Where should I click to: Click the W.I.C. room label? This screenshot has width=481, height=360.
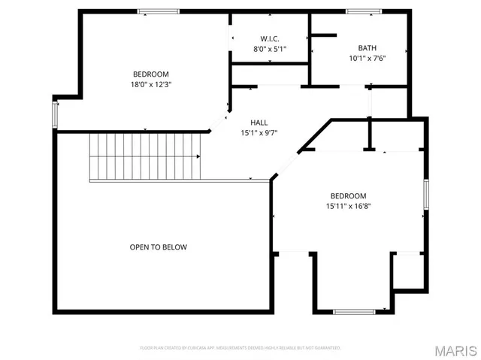tap(270, 38)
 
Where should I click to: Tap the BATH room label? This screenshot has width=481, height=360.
tap(367, 47)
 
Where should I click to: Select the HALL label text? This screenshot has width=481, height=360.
tap(259, 123)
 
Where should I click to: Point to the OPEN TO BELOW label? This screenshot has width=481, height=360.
tap(158, 247)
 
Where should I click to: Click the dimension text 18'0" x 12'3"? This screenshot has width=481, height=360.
tap(151, 84)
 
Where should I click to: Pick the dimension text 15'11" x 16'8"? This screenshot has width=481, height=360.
tap(348, 206)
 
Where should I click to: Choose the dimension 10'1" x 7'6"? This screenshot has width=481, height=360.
tap(367, 58)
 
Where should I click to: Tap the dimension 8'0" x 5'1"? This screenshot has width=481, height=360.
tap(270, 49)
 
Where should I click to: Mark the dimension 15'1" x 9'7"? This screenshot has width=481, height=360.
tap(259, 133)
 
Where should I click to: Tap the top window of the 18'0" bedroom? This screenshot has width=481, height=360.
tap(158, 11)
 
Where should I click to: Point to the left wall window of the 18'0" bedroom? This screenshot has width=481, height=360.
tap(53, 115)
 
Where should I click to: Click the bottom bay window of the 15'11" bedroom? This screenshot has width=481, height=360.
tap(354, 311)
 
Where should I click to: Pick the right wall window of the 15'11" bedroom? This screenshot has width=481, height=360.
tap(425, 195)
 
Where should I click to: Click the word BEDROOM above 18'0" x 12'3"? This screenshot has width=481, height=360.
tap(151, 74)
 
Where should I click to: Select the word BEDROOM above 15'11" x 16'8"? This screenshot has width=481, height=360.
tap(348, 195)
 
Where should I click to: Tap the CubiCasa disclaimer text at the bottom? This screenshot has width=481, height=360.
tap(240, 348)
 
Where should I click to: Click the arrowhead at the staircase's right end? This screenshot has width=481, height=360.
tap(198, 156)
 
